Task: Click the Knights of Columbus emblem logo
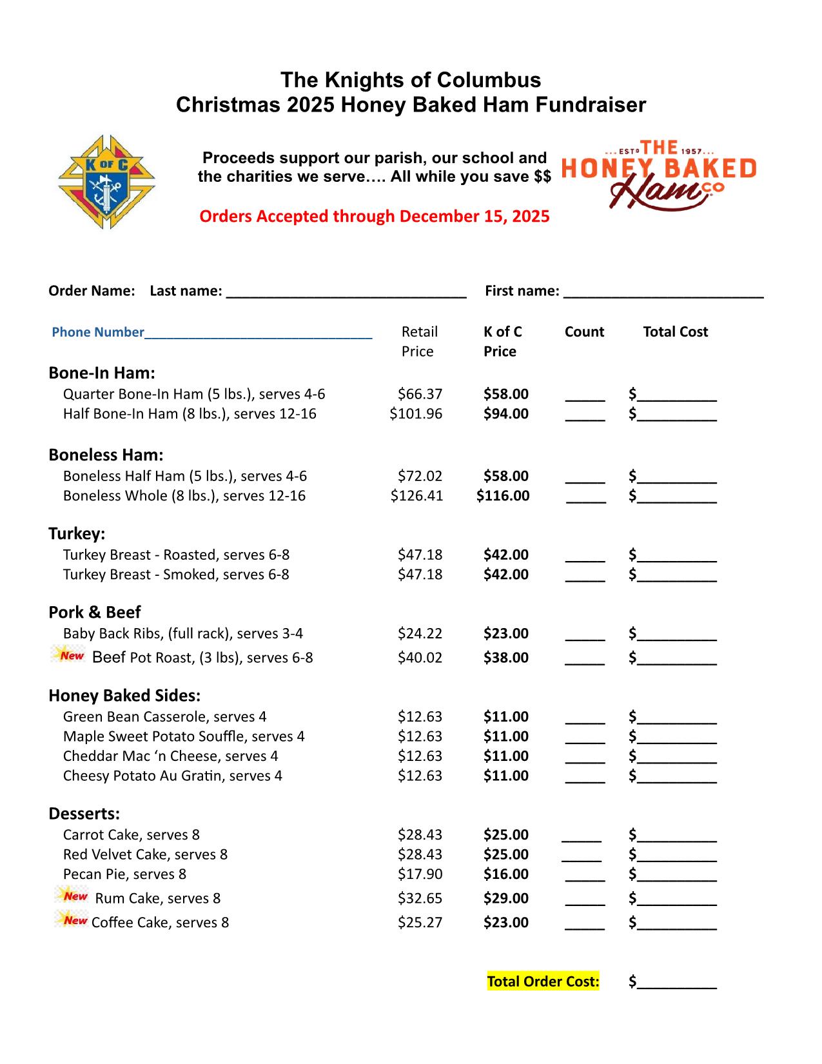tap(107, 182)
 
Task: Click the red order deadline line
tap(374, 216)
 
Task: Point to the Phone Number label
tap(98, 332)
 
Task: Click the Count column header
tap(584, 332)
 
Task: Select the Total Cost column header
tap(675, 332)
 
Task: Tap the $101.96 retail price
tap(416, 414)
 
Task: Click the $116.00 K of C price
tap(503, 496)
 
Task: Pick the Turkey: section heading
tap(77, 534)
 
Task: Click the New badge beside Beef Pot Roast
tap(68, 655)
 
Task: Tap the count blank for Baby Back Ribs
tap(585, 636)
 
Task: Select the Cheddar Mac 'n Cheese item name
tap(170, 756)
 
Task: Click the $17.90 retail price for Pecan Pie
tap(420, 874)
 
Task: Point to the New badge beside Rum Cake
tap(72, 896)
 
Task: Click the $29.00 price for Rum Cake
tap(506, 898)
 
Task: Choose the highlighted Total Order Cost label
tap(543, 981)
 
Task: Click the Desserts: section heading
tap(84, 814)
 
